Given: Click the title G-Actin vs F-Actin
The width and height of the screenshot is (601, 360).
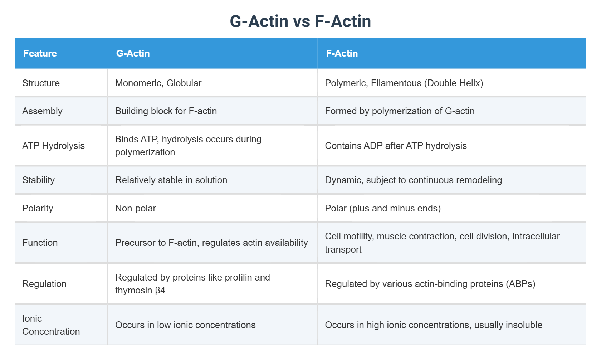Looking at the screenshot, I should pyautogui.click(x=300, y=21).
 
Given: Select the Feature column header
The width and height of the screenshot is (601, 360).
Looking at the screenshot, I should pyautogui.click(x=40, y=53).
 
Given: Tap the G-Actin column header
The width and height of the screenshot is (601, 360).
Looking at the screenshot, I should pyautogui.click(x=133, y=53).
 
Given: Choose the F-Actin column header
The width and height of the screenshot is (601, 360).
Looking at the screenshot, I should pyautogui.click(x=342, y=53).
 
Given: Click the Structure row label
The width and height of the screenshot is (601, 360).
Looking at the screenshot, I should pyautogui.click(x=41, y=83).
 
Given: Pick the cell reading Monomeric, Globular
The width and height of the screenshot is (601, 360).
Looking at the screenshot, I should pyautogui.click(x=158, y=83).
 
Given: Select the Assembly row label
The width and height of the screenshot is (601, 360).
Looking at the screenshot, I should pyautogui.click(x=42, y=111).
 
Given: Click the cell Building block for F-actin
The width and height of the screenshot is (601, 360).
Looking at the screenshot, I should pyautogui.click(x=166, y=111).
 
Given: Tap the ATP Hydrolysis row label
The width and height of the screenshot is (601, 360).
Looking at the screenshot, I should pyautogui.click(x=53, y=146).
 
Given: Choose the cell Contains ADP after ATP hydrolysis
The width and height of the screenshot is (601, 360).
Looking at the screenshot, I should pyautogui.click(x=396, y=146).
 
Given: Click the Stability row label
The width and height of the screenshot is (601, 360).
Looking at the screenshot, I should pyautogui.click(x=38, y=180).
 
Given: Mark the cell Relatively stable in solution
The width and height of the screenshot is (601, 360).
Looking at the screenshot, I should pyautogui.click(x=171, y=180).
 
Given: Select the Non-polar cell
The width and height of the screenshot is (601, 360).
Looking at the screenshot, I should pyautogui.click(x=136, y=208).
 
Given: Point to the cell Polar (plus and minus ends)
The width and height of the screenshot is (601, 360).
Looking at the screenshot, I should pyautogui.click(x=383, y=208).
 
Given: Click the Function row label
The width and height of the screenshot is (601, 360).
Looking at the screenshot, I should pyautogui.click(x=40, y=243).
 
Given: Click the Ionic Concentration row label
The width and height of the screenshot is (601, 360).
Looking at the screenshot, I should pyautogui.click(x=51, y=325).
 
